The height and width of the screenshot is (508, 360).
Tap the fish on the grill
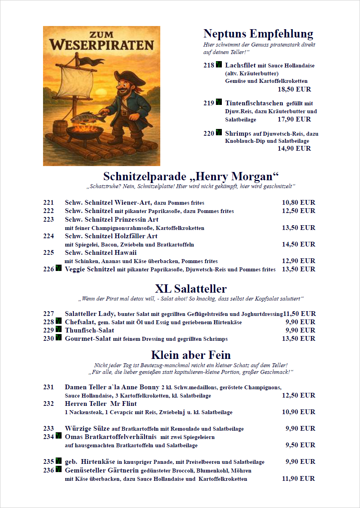pyautogui.click(x=84, y=117)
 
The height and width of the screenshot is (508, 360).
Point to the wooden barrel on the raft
pyautogui.click(x=60, y=128)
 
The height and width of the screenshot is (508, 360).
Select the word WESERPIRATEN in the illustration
pyautogui.click(x=101, y=45)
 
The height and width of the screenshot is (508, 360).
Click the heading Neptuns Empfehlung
pyautogui.click(x=258, y=34)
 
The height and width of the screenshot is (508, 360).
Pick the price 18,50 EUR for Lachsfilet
pyautogui.click(x=294, y=90)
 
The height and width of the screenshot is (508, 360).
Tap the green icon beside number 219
pyautogui.click(x=219, y=103)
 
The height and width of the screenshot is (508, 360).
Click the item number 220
pyautogui.click(x=209, y=133)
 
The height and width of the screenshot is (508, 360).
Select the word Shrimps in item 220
pyautogui.click(x=238, y=134)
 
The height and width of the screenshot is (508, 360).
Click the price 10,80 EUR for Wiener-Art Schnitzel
pyautogui.click(x=298, y=203)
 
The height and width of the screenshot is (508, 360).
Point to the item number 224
pyautogui.click(x=49, y=236)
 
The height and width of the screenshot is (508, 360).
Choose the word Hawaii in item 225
pyautogui.click(x=126, y=253)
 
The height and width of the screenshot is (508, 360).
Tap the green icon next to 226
pyautogui.click(x=58, y=269)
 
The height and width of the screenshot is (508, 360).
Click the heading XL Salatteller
pyautogui.click(x=191, y=288)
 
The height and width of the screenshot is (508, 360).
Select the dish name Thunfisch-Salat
pyautogui.click(x=90, y=331)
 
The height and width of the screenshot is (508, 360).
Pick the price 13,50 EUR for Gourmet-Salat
pyautogui.click(x=298, y=339)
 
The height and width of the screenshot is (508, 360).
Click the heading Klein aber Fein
pyautogui.click(x=191, y=355)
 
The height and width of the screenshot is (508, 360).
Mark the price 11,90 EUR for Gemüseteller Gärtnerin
pyautogui.click(x=298, y=479)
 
